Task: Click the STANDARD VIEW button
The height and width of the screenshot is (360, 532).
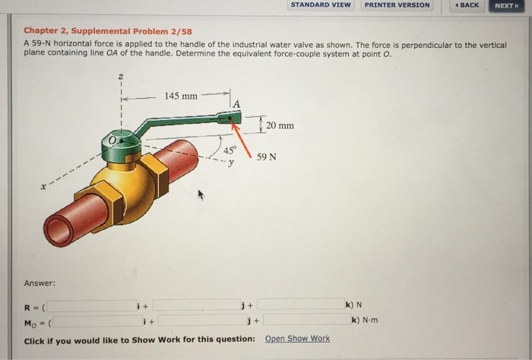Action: pos(321,5)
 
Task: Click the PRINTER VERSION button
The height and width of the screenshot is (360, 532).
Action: pos(397,5)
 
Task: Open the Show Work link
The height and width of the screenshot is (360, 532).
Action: pos(297,339)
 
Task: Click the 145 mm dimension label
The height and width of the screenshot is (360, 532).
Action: pos(181,96)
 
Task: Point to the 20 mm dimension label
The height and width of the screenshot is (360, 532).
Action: pos(280,125)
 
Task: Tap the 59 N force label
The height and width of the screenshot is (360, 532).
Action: pos(267,156)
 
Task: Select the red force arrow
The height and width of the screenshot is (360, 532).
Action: pos(243,139)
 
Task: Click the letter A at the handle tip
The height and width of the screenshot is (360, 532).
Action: pos(236,104)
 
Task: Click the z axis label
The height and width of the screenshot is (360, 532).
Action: pos(119,78)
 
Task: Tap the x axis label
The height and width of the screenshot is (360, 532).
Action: pos(45,185)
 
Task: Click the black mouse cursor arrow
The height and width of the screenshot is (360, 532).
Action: pos(202,195)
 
